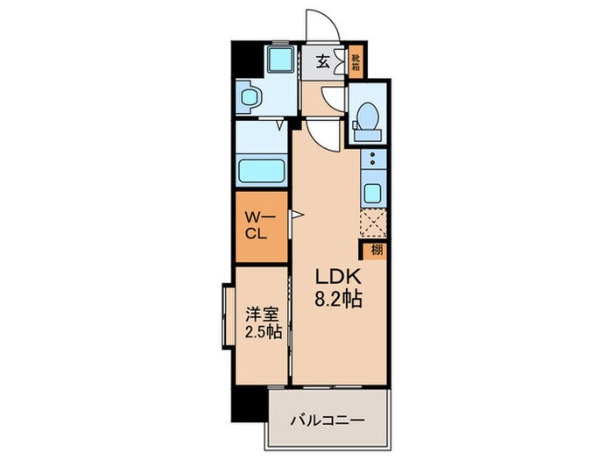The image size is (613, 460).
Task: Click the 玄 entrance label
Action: click(x=323, y=61)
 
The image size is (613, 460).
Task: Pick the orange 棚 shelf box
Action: click(x=376, y=249)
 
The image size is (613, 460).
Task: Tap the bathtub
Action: click(x=261, y=168)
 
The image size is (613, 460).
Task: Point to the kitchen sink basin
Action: click(x=371, y=195)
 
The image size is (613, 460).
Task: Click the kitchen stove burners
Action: click(x=371, y=160)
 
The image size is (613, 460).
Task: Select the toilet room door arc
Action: click(x=334, y=97)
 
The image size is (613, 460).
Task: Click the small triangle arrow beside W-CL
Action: click(x=296, y=213)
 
